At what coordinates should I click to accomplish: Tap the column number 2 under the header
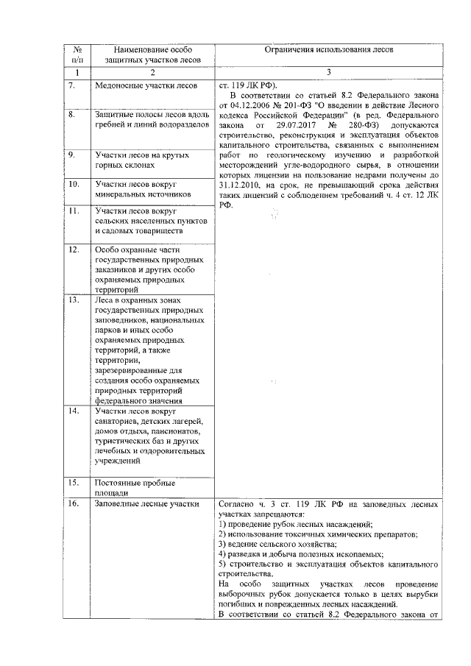[152, 72]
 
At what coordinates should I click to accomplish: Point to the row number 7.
[72, 85]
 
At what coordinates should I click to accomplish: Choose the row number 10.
[74, 183]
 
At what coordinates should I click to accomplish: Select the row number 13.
[74, 300]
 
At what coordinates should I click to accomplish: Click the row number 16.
[74, 504]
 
